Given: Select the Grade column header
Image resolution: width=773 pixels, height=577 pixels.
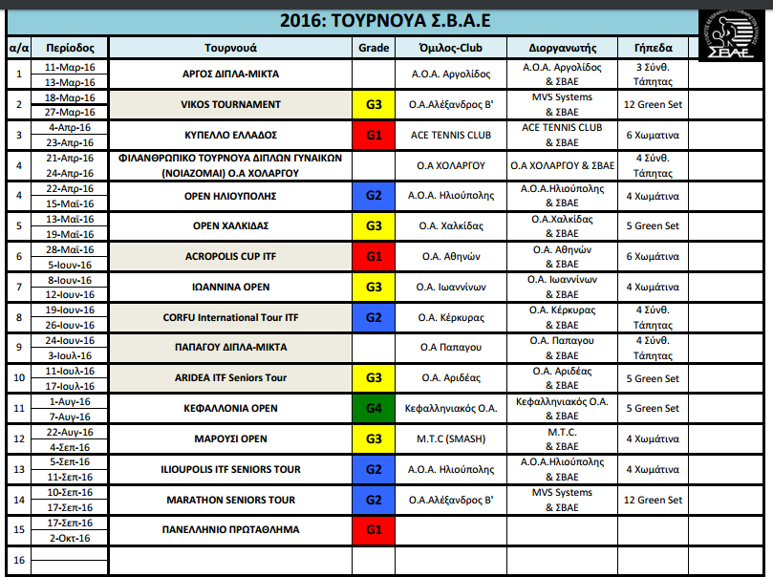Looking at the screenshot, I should (373, 47).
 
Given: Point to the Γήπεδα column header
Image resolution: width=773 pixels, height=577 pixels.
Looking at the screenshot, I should (653, 47).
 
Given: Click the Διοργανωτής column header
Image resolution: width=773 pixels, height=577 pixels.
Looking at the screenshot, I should (562, 47).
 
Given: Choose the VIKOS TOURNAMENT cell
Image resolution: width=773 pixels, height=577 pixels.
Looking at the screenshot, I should (230, 104).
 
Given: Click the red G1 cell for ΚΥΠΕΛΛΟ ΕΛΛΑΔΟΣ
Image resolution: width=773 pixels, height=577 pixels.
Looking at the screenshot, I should (373, 135).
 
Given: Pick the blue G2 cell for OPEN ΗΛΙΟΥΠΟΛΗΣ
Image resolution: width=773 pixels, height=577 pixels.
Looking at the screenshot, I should (373, 196).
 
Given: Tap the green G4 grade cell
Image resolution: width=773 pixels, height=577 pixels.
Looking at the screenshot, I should (373, 408).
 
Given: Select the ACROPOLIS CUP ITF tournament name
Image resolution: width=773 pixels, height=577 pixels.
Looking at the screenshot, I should (230, 257).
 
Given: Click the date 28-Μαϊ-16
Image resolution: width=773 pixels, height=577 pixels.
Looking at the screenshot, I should (70, 249).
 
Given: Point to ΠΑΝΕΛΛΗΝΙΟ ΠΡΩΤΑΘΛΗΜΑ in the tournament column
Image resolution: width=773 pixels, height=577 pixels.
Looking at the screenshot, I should (230, 529).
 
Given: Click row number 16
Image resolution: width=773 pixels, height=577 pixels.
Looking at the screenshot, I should (18, 560).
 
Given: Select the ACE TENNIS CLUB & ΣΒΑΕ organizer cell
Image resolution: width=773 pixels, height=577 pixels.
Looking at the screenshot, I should (562, 135).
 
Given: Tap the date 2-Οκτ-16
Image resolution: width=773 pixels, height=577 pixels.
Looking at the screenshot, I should (70, 538).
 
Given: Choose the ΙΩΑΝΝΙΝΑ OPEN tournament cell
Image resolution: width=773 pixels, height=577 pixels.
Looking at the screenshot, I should (230, 287).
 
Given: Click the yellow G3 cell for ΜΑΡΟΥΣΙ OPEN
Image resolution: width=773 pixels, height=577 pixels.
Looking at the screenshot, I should (373, 438).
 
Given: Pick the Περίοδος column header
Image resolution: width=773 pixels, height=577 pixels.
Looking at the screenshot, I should (70, 47).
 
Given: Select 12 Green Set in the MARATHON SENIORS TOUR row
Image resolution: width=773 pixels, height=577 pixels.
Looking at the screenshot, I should (653, 500).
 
